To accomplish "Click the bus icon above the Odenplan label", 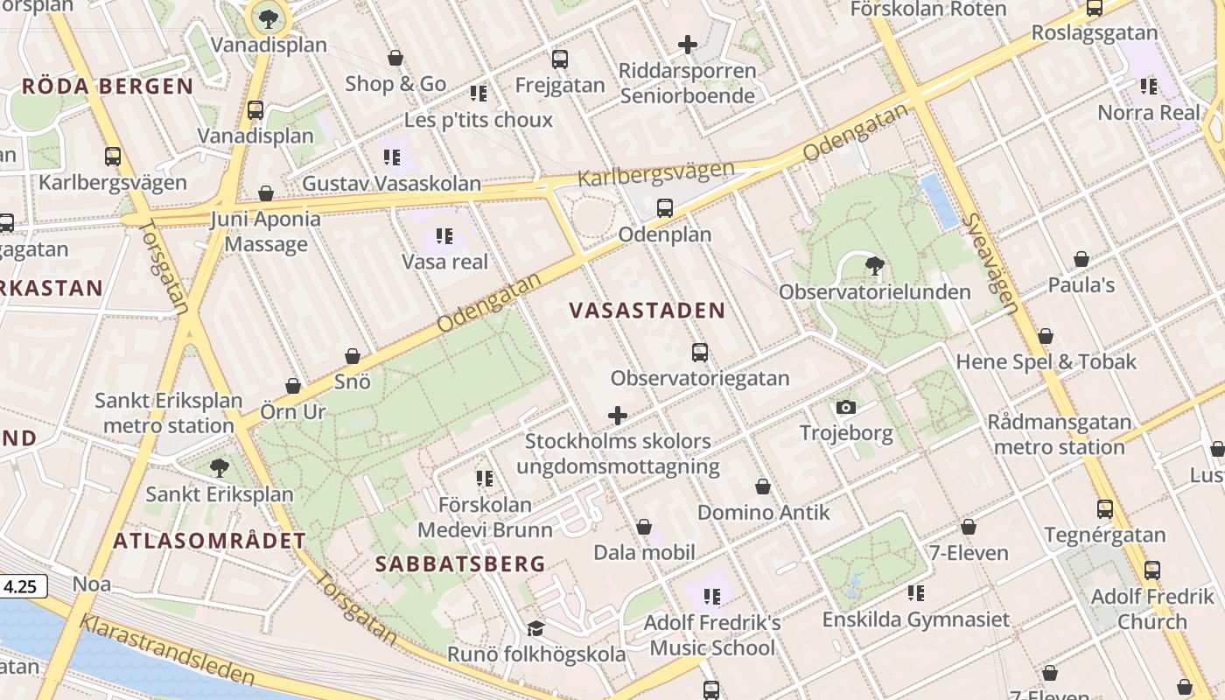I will pos(665,208).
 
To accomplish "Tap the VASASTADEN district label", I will pos(647,311).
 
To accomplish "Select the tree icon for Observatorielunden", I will pos(873,266).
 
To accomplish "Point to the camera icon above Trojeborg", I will pos(845,407).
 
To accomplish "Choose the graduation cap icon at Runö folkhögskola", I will pos(535,629).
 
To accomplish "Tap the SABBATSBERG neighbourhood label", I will pos(461,564).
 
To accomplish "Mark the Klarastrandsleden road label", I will pos(167,649).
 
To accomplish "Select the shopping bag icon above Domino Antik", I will pos(763,486).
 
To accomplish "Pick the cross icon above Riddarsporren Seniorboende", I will pos(688,44).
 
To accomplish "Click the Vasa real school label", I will pos(444,262).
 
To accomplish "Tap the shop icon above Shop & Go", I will pos(395,58).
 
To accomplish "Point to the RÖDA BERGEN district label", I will pos(107,86).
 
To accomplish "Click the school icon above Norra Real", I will pos(1149,87).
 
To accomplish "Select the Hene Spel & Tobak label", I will pos(1046,361).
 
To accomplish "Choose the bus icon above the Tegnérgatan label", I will pos(1105,508).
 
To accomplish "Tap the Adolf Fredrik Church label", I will pos(1152,609).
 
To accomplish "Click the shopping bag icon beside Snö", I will pos(353,356).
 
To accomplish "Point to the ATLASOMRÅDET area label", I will pos(210,541).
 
